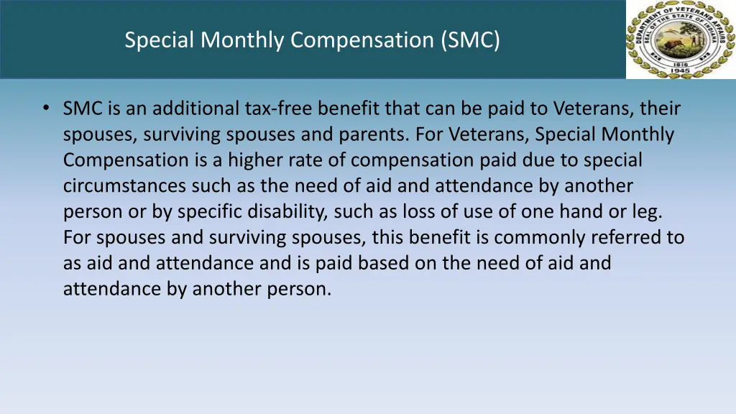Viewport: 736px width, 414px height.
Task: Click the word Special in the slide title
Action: [160, 40]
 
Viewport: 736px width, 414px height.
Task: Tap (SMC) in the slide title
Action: [471, 40]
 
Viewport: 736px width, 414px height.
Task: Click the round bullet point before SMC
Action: [46, 109]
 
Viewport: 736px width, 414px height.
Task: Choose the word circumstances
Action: [124, 186]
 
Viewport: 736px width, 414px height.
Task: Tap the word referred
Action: [626, 238]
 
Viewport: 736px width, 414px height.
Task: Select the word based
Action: [387, 263]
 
